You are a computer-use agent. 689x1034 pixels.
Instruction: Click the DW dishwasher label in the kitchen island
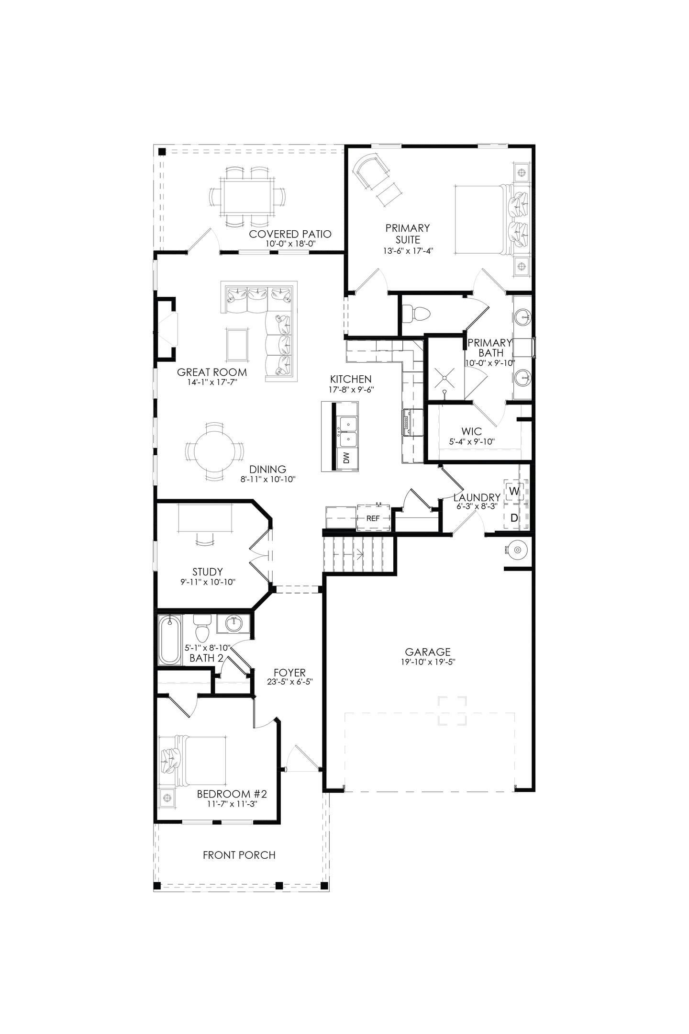point(346,458)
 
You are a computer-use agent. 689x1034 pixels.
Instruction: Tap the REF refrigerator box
point(373,518)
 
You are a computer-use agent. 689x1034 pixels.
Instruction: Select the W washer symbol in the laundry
point(514,491)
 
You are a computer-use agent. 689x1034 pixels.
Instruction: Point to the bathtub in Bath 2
point(170,641)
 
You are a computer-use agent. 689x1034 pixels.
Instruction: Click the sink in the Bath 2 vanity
point(233,624)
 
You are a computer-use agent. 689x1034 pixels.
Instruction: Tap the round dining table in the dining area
point(214,451)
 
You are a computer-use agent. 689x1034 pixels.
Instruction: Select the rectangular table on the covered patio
point(247,196)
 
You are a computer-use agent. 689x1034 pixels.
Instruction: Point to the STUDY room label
point(208,572)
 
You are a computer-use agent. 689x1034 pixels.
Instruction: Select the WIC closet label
point(471,431)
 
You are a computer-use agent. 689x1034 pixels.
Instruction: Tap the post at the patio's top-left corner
point(162,151)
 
